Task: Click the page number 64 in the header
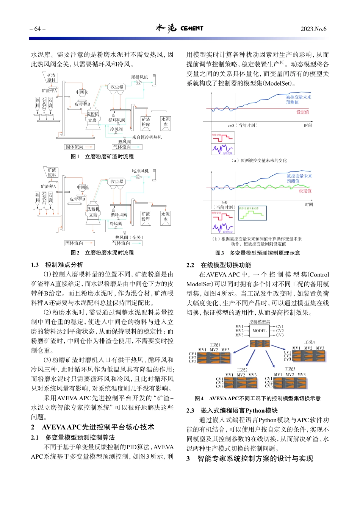coord(38,29)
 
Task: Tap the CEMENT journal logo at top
coord(179,28)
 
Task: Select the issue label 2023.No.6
coord(313,29)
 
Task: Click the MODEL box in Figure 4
coord(260,331)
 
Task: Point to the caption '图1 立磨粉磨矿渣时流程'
coord(102,156)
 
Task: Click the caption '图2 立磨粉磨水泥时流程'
coord(102,253)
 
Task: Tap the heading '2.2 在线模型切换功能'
coord(219,265)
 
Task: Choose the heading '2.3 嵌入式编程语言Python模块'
coord(232,411)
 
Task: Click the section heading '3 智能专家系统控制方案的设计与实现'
coord(250,459)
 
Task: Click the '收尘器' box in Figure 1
coord(117,87)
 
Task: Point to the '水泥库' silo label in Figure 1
coord(166,122)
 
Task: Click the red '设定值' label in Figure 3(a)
coord(303,112)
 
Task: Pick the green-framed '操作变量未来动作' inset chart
coord(252,213)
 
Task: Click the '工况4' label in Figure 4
coord(310,342)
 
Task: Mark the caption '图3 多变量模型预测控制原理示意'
coord(258,253)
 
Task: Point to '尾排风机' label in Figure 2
coord(140,171)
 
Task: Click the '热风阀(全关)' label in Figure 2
coord(129,237)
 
